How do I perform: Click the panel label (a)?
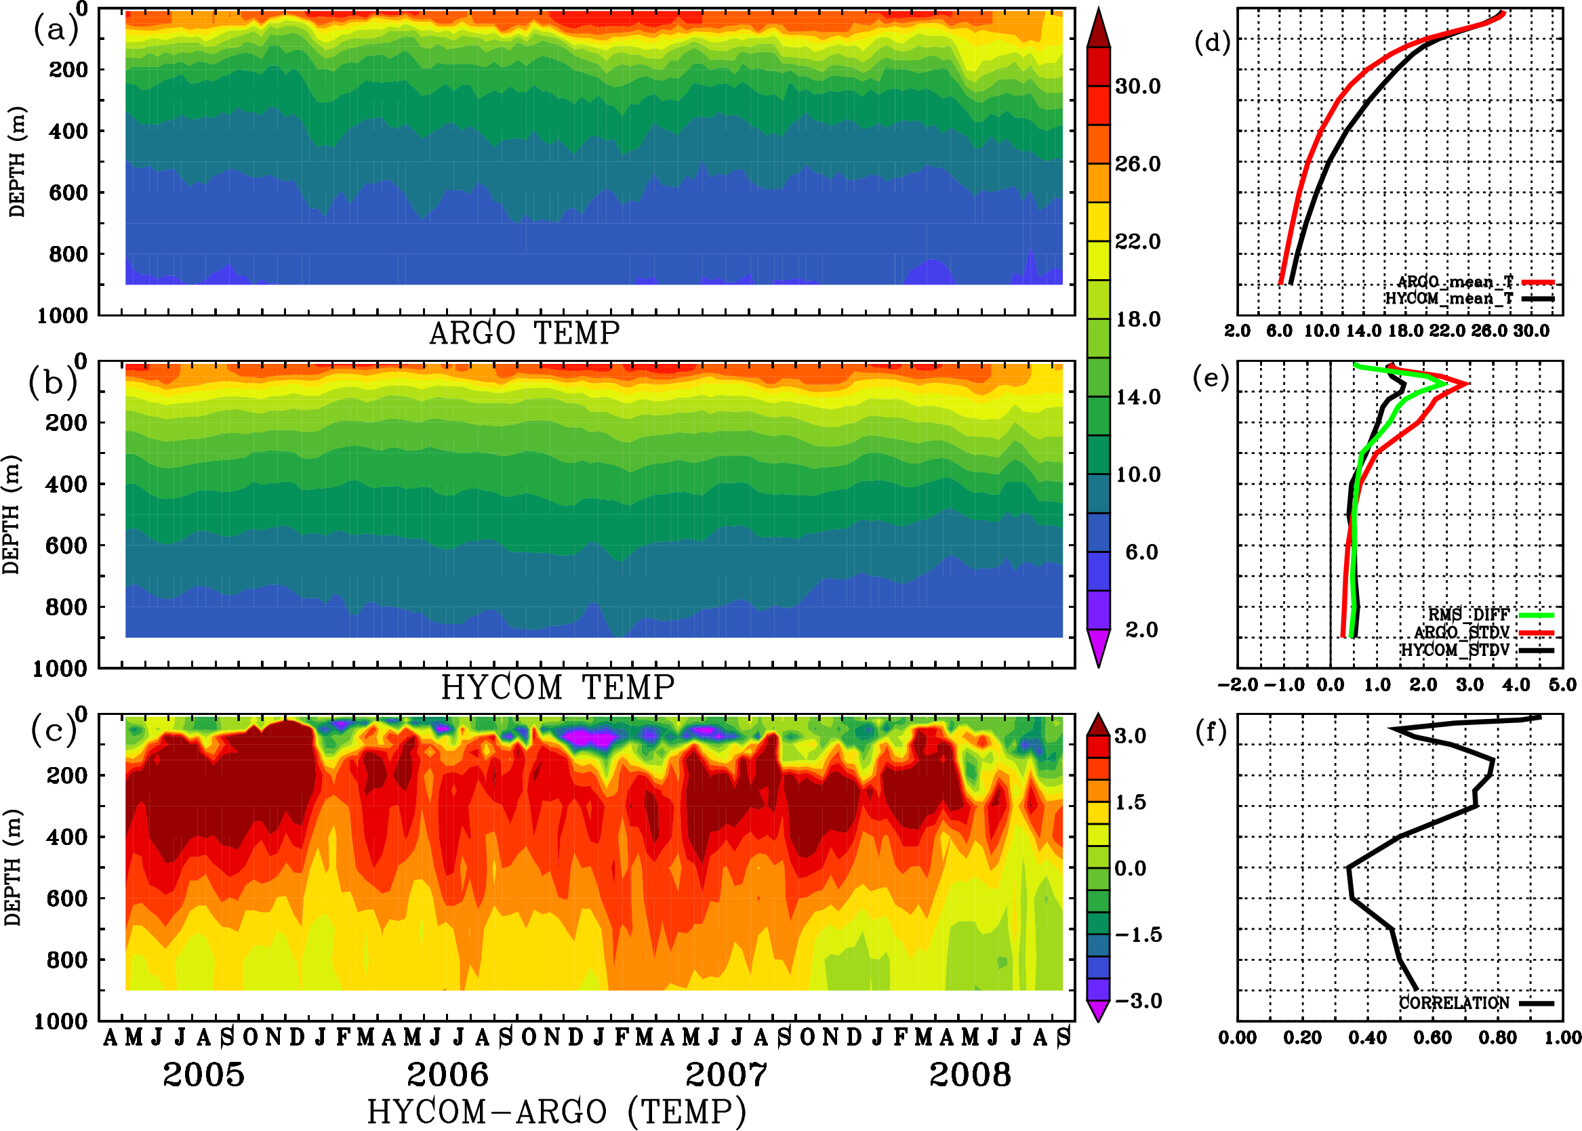click(x=56, y=30)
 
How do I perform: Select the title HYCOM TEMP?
click(x=558, y=688)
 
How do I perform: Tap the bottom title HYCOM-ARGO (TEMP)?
click(x=556, y=1111)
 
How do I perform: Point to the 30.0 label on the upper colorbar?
click(x=1137, y=86)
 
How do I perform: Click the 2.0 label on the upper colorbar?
click(x=1141, y=630)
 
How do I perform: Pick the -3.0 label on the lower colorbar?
click(x=1137, y=1001)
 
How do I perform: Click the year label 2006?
click(x=447, y=1075)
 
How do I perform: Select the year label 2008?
click(x=970, y=1075)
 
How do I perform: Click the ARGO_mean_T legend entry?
click(x=1455, y=282)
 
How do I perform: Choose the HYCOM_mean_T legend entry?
click(x=1449, y=299)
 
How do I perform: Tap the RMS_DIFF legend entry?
click(x=1468, y=615)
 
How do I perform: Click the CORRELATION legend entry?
click(x=1454, y=1003)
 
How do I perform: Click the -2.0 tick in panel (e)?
click(x=1237, y=685)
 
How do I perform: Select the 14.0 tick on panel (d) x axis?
click(x=1363, y=331)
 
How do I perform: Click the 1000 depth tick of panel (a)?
click(x=62, y=316)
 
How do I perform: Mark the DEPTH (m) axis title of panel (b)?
click(x=11, y=514)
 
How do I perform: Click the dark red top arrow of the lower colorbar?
click(x=1099, y=725)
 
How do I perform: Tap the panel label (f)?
click(x=1211, y=732)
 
